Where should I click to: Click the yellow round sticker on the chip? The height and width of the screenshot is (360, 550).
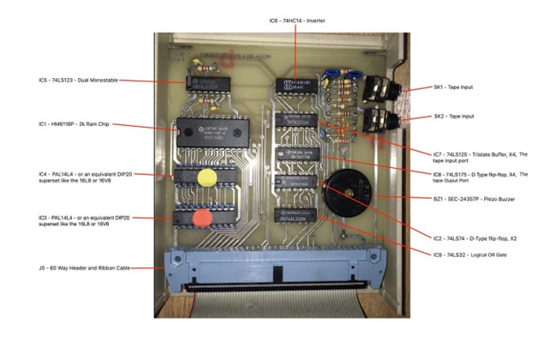[207, 177]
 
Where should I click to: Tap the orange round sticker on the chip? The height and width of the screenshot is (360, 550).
[202, 217]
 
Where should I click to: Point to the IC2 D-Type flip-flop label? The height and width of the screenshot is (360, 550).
[468, 232]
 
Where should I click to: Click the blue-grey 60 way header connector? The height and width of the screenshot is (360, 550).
[275, 265]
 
